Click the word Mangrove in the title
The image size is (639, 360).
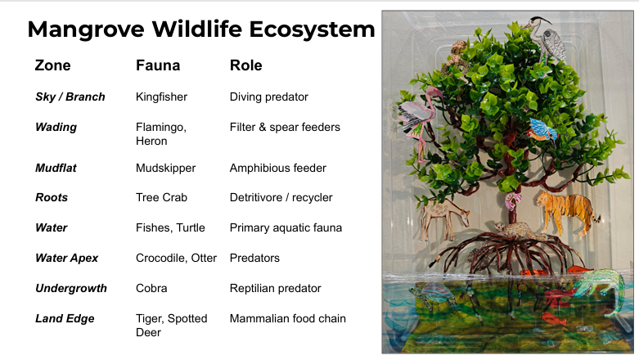click(x=86, y=29)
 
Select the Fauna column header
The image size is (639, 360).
click(x=158, y=65)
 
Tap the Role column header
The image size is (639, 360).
click(x=245, y=65)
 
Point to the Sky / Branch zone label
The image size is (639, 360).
click(x=70, y=97)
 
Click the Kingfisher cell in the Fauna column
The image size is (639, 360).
click(x=161, y=97)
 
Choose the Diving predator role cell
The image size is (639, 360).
click(x=269, y=97)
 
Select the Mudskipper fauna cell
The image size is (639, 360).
click(x=165, y=168)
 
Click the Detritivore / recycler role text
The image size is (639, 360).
click(x=281, y=197)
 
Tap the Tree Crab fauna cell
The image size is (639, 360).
click(x=161, y=197)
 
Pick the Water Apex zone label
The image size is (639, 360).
click(x=67, y=258)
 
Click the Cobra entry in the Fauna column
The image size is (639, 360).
click(x=151, y=288)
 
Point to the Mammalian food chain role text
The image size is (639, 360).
click(x=288, y=318)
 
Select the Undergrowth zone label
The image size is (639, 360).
click(x=71, y=288)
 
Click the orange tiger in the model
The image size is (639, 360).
click(x=567, y=211)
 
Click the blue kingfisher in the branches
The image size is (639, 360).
click(x=542, y=129)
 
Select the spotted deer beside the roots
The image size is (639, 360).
click(x=443, y=218)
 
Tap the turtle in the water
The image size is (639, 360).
click(x=433, y=295)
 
